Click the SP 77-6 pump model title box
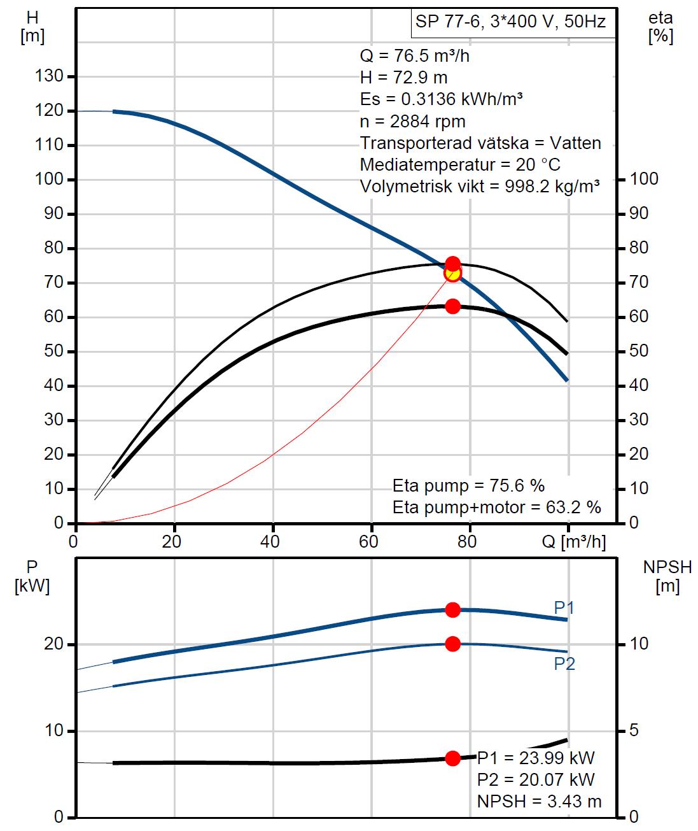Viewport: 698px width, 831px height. (510, 23)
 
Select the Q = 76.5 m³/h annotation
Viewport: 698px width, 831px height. (415, 55)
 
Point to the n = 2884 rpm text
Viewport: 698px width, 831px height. (412, 121)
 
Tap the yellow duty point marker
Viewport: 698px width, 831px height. (452, 273)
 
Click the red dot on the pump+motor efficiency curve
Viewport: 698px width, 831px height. (452, 306)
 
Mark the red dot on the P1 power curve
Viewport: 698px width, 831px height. (452, 610)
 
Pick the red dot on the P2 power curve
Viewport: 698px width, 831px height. (452, 644)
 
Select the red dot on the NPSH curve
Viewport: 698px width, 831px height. (452, 758)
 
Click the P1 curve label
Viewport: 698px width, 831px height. (564, 608)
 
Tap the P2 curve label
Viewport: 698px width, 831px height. (564, 664)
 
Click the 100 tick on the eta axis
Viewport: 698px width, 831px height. (645, 179)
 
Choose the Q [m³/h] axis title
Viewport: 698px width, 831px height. (574, 542)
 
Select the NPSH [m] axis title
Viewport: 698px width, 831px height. (667, 576)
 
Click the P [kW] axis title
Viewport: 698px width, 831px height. (32, 576)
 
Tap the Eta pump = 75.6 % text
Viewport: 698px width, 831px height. (468, 486)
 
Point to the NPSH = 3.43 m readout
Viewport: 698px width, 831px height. (538, 801)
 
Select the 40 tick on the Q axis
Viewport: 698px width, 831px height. (272, 542)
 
